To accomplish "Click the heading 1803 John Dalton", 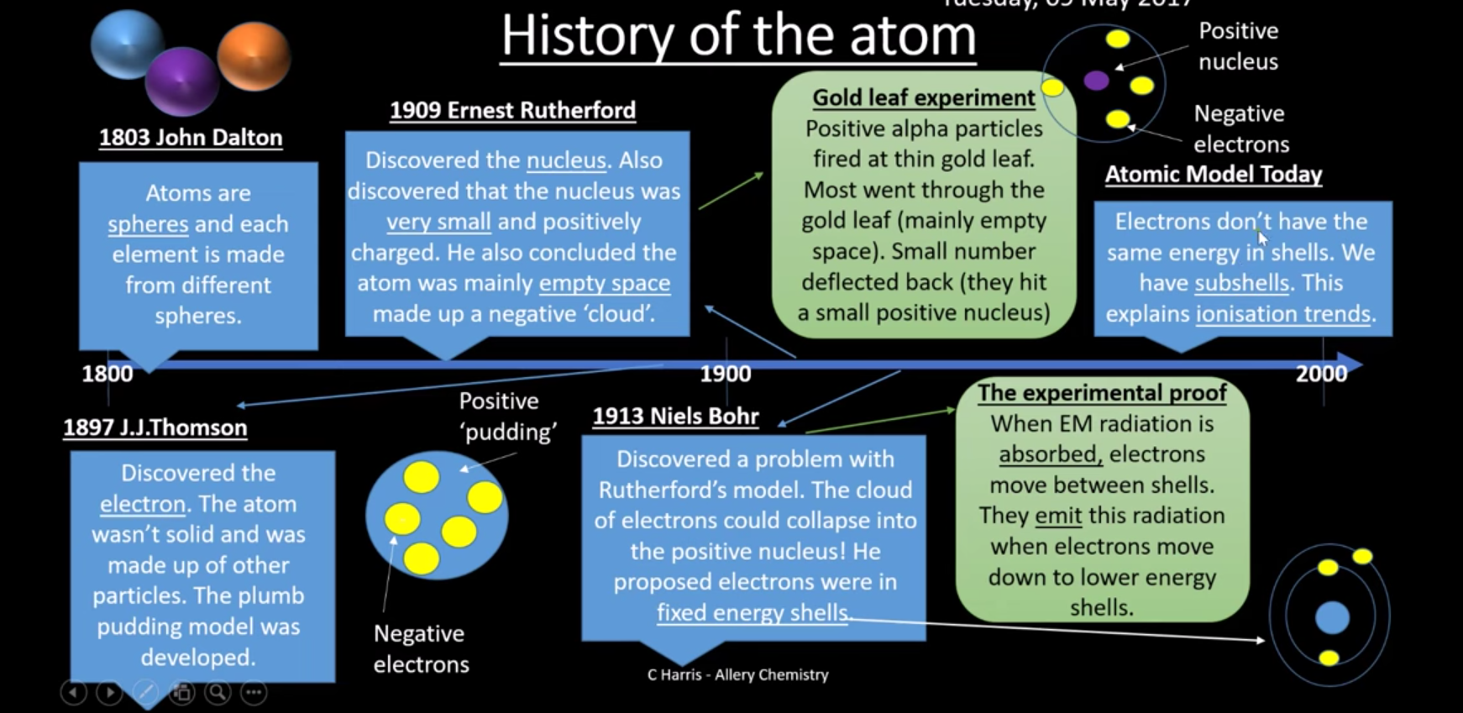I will click(191, 138).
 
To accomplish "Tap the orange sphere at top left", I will click(254, 55).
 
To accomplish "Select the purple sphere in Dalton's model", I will click(182, 81).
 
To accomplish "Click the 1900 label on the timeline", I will click(726, 374).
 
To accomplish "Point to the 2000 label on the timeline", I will click(1321, 374).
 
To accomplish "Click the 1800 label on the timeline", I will click(107, 374).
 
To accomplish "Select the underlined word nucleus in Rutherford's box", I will click(566, 160).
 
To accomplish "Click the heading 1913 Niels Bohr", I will click(675, 417).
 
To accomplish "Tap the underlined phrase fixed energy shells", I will click(753, 612).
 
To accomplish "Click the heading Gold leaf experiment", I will click(923, 98).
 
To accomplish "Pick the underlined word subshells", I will click(1241, 283).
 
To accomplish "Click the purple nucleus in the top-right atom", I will click(1096, 81).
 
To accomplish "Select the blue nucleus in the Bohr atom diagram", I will click(1332, 617).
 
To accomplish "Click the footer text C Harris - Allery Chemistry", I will click(737, 674).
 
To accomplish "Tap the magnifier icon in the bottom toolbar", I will click(218, 692).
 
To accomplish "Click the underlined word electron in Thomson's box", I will click(143, 504).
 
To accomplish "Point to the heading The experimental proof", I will click(1102, 393).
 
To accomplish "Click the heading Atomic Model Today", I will click(1213, 175).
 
